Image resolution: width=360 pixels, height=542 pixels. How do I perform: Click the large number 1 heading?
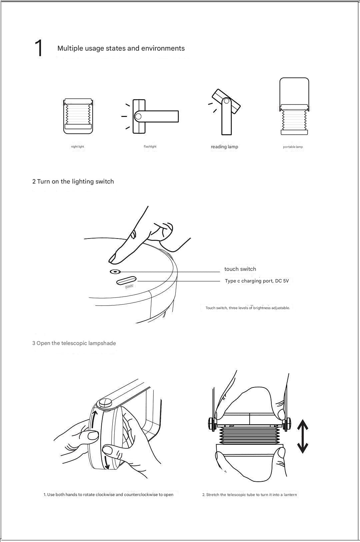tap(39, 48)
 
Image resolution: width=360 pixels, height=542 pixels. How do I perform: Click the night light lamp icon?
tap(78, 116)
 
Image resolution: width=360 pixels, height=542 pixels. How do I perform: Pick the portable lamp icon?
tap(294, 107)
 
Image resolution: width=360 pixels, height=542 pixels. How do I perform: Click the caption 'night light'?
tap(77, 147)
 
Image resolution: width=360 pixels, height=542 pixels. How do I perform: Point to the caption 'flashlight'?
tap(150, 147)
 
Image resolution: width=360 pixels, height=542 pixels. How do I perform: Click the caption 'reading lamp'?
tap(224, 147)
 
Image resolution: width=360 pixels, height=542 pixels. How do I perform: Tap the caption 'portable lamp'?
tap(293, 147)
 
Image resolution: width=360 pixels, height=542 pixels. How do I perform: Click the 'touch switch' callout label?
tap(240, 269)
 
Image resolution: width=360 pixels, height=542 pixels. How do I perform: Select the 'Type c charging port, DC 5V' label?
tap(257, 281)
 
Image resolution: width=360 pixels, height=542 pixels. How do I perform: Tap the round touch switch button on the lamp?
tap(115, 272)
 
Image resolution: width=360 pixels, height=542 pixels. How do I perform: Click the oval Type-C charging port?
tap(126, 280)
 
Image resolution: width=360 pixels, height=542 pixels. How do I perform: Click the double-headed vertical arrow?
tap(302, 436)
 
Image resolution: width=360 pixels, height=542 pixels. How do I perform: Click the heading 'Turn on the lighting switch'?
tap(75, 182)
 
